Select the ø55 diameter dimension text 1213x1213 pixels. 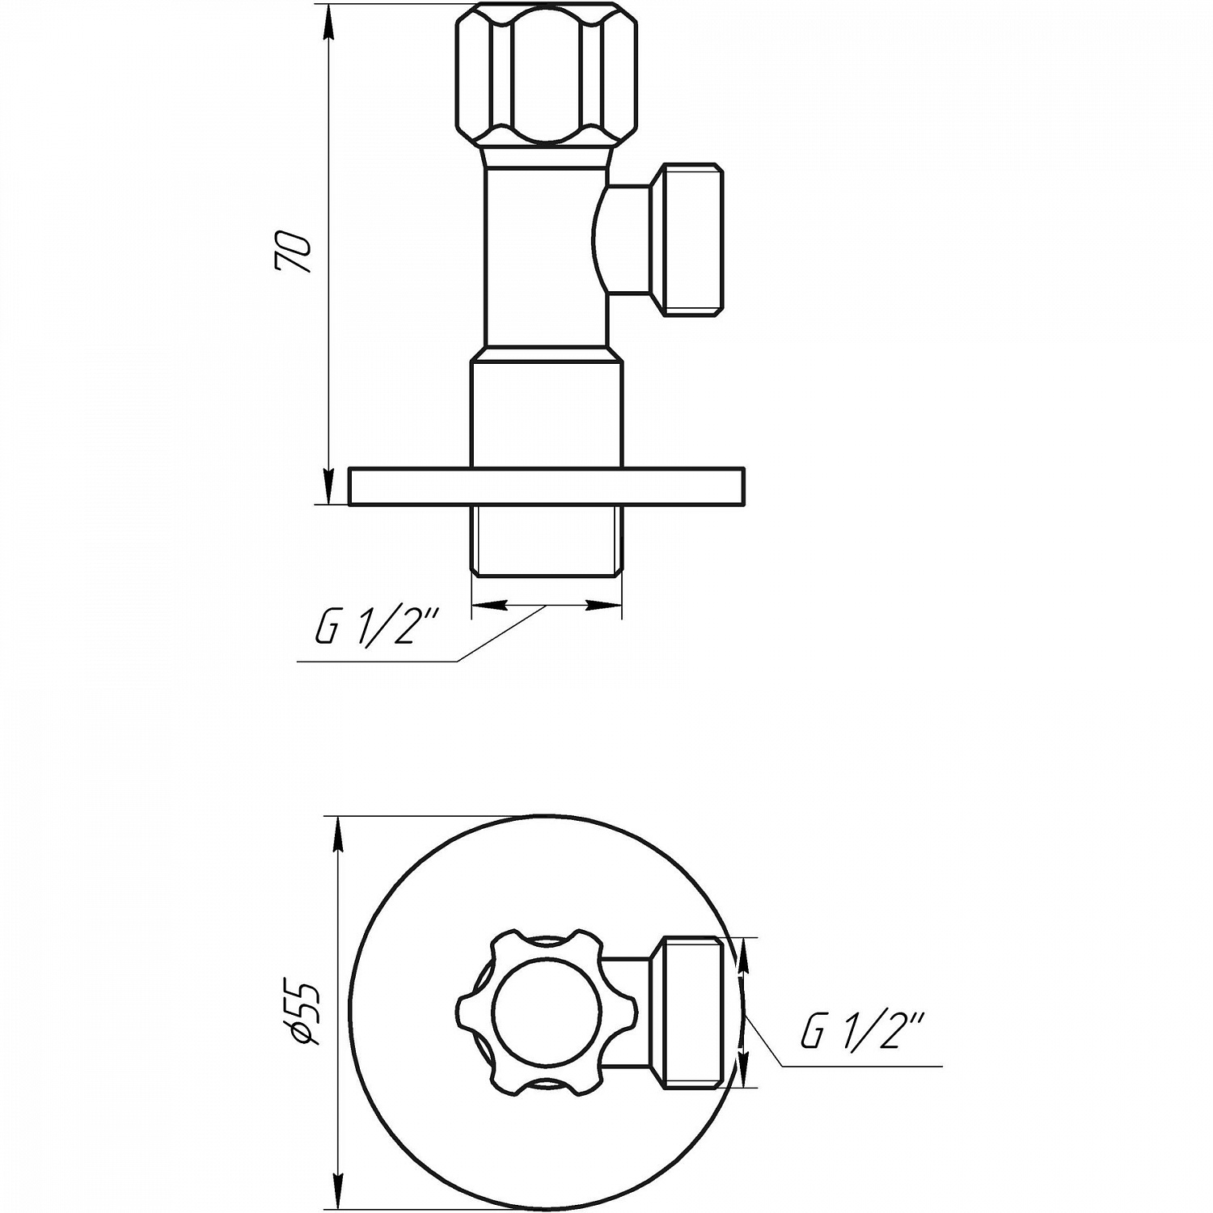click(306, 1013)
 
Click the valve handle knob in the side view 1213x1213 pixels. click(546, 74)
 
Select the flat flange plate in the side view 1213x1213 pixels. click(546, 487)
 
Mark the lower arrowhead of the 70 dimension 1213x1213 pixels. click(328, 489)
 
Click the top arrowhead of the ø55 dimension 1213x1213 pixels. click(339, 833)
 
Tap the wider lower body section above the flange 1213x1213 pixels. click(547, 412)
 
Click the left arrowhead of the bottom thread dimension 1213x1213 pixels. click(485, 605)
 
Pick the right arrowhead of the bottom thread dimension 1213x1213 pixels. click(606, 605)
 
